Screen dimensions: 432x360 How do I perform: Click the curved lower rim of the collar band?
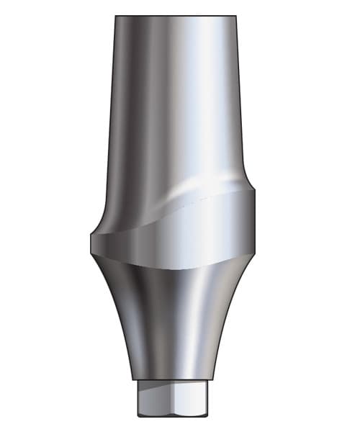173,266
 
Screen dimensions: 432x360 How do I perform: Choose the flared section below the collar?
173,324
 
